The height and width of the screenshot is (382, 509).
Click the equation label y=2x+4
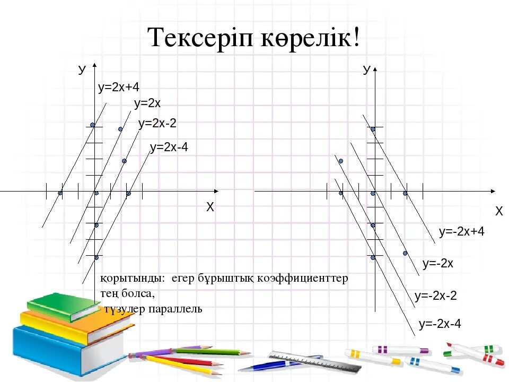[118, 88]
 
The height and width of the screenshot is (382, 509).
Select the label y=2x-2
[157, 124]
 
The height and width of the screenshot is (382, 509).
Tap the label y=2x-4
[169, 147]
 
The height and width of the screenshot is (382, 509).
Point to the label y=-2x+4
[461, 231]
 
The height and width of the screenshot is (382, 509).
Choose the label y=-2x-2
[435, 296]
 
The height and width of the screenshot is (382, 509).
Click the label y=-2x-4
[440, 323]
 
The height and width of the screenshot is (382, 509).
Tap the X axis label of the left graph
[210, 207]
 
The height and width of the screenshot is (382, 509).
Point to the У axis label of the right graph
[366, 70]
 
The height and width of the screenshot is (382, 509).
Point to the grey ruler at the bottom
[308, 361]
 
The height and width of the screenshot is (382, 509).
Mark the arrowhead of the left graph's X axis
[215, 191]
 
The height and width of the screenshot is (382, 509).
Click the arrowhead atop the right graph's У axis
[375, 68]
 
